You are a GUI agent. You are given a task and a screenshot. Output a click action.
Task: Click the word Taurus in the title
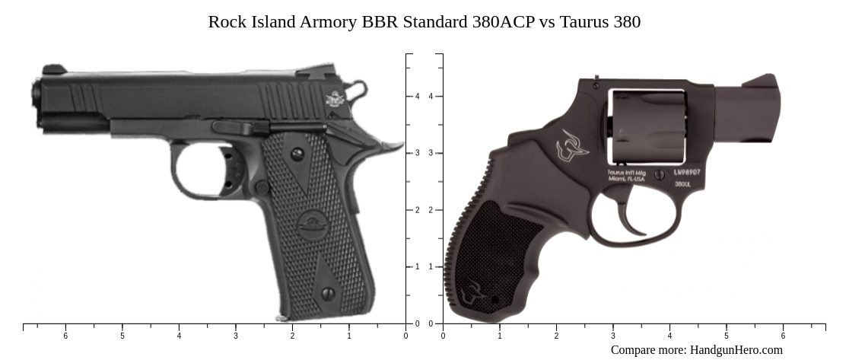[x=583, y=21]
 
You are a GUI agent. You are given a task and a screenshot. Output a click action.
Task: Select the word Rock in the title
[x=227, y=21]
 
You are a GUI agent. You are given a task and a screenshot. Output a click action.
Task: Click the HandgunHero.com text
[x=736, y=350]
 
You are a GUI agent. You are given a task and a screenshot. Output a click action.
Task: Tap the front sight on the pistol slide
[x=53, y=70]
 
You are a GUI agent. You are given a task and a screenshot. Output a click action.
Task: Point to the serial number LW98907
[x=687, y=173]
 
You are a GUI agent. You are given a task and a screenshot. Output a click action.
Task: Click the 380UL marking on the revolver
[x=682, y=184]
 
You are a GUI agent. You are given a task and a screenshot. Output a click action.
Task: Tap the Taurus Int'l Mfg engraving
[x=625, y=176]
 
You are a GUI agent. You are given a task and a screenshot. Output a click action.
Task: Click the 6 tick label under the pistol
[x=65, y=336]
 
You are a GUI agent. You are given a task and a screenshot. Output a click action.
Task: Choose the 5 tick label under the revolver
[x=726, y=336]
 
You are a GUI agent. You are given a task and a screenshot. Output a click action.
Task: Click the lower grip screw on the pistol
[x=328, y=294]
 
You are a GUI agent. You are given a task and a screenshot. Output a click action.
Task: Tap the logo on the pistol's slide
[x=335, y=99]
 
